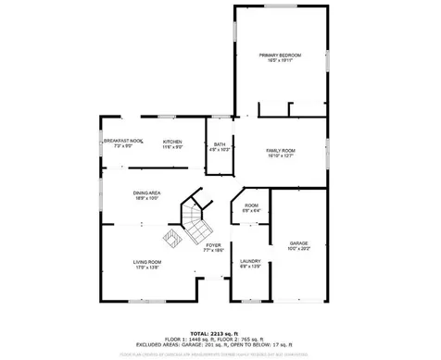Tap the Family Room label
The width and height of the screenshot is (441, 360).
pyautogui.click(x=281, y=150)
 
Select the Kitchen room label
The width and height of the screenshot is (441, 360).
pyautogui.click(x=172, y=142)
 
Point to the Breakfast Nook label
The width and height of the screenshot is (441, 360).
pyautogui.click(x=123, y=141)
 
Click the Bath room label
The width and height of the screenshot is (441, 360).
pyautogui.click(x=220, y=144)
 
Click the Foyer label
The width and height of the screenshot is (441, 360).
pyautogui.click(x=213, y=244)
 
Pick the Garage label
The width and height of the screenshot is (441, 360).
pyautogui.click(x=298, y=243)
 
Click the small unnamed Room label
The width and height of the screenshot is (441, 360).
pyautogui.click(x=251, y=205)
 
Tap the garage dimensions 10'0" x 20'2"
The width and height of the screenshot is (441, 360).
pyautogui.click(x=298, y=249)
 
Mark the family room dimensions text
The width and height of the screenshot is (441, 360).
pyautogui.click(x=281, y=155)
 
